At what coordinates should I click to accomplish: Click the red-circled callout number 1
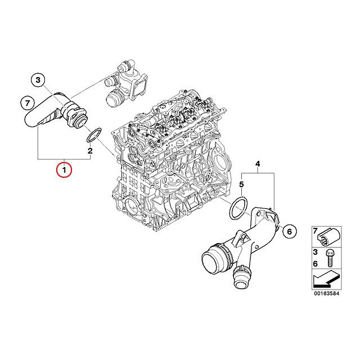pyautogui.click(x=64, y=169)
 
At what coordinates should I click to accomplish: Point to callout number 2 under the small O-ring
pyautogui.click(x=89, y=151)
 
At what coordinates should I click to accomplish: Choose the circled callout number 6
pyautogui.click(x=289, y=231)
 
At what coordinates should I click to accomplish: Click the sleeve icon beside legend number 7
pyautogui.click(x=330, y=235)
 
